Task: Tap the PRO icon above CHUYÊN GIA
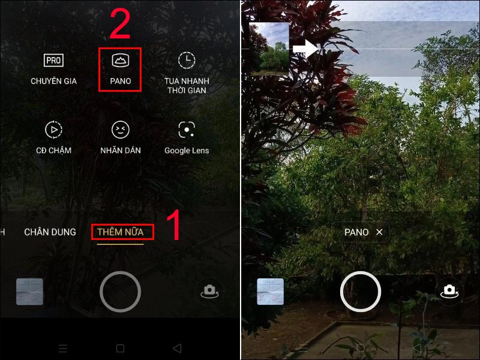point(54,60)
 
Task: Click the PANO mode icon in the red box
point(120,60)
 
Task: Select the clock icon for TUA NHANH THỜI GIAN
point(187,60)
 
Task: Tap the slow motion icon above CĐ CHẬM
point(54,129)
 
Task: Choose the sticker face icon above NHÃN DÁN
point(121,129)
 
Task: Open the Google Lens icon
point(187,129)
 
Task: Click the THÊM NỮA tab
point(121,232)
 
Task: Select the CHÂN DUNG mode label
point(50,232)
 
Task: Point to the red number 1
point(173,225)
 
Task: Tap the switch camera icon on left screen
point(209,291)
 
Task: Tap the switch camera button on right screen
point(449,292)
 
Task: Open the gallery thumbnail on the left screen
point(29,292)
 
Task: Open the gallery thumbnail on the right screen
point(270,292)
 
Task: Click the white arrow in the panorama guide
point(305,50)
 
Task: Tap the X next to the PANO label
point(379,232)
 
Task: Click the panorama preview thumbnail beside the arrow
point(269,49)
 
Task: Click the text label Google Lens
point(187,151)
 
